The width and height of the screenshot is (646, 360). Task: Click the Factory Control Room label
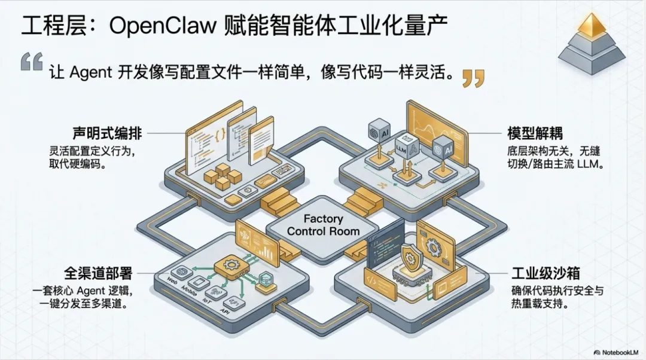coord(323,224)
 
